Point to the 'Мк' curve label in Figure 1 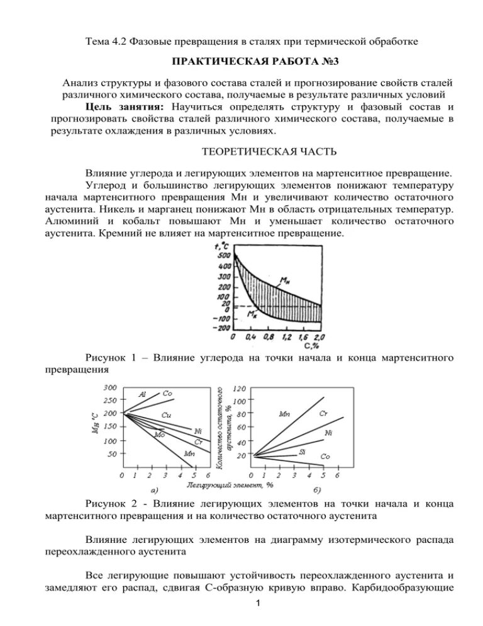252,313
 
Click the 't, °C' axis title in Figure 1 221,246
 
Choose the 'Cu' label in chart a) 166,415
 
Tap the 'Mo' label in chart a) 160,435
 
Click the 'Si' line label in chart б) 302,452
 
